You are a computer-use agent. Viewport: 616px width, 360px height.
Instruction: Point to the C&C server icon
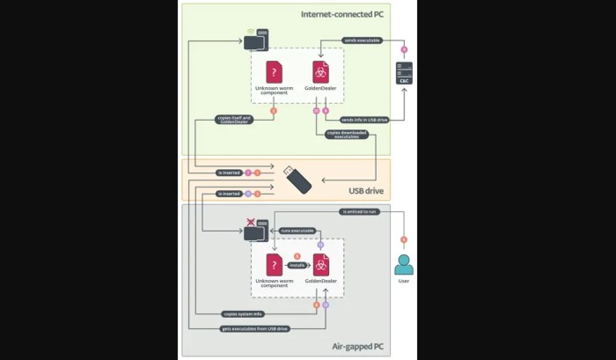click(404, 74)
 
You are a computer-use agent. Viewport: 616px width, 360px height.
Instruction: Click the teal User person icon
click(404, 264)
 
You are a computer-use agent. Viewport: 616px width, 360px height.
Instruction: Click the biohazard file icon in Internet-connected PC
click(321, 72)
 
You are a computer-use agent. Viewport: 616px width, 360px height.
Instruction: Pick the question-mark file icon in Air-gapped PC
click(274, 264)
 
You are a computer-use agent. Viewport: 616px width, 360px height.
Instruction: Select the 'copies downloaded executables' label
click(346, 135)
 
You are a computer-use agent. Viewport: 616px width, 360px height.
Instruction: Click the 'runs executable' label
click(297, 231)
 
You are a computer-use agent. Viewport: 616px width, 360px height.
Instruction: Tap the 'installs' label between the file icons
click(297, 264)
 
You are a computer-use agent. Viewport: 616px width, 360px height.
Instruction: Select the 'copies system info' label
click(241, 312)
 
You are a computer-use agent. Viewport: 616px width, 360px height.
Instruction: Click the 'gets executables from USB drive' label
click(253, 327)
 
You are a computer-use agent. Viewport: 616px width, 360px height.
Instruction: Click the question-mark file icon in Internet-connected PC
click(274, 72)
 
